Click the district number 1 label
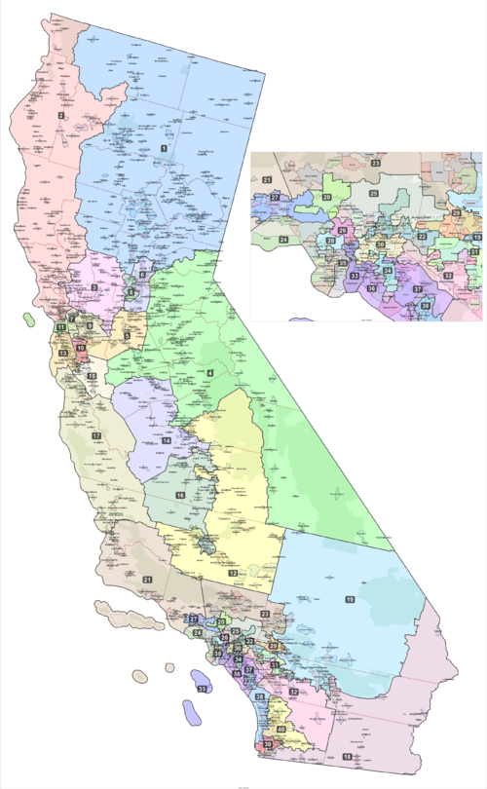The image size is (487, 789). (164, 147)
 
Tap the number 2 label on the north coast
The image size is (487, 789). (60, 116)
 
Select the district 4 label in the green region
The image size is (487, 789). (209, 372)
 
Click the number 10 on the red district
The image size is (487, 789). (80, 348)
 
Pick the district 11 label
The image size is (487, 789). (59, 328)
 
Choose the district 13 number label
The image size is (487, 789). (63, 354)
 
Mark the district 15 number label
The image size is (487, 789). (93, 375)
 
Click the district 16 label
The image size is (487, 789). (180, 496)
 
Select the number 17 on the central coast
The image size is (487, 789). (95, 435)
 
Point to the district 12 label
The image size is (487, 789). (233, 574)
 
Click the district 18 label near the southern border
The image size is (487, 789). (348, 757)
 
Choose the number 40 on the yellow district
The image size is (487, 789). (281, 729)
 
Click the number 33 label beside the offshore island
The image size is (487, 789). (203, 689)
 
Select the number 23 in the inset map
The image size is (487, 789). (374, 163)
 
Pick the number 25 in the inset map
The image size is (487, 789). (372, 194)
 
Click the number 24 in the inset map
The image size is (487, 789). (283, 238)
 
